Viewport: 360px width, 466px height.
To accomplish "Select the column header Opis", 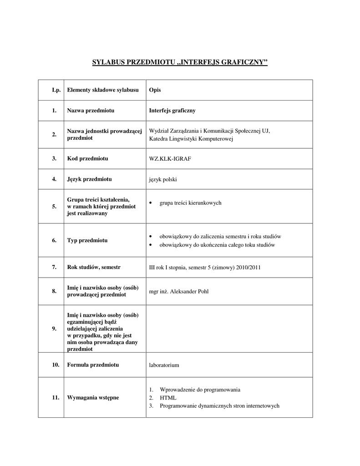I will (x=155, y=90).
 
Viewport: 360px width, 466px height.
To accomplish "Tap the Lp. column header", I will (x=56, y=90).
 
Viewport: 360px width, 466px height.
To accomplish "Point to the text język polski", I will (x=163, y=179).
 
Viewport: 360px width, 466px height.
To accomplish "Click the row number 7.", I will (x=54, y=267).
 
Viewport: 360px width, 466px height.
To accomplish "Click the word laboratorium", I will (x=164, y=365).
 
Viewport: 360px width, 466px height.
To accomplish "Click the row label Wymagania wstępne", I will (x=93, y=398).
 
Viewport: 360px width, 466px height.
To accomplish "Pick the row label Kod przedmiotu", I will (x=87, y=158).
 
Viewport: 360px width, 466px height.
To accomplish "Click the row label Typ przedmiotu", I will (x=87, y=240).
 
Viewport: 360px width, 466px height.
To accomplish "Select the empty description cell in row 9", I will (x=230, y=329).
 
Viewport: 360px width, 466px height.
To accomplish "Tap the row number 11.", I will (x=56, y=398).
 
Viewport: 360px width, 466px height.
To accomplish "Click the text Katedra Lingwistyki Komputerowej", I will (x=191, y=139).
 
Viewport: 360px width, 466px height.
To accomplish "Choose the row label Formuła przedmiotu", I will (x=93, y=365).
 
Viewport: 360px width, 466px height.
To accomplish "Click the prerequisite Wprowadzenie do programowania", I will (x=200, y=390).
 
